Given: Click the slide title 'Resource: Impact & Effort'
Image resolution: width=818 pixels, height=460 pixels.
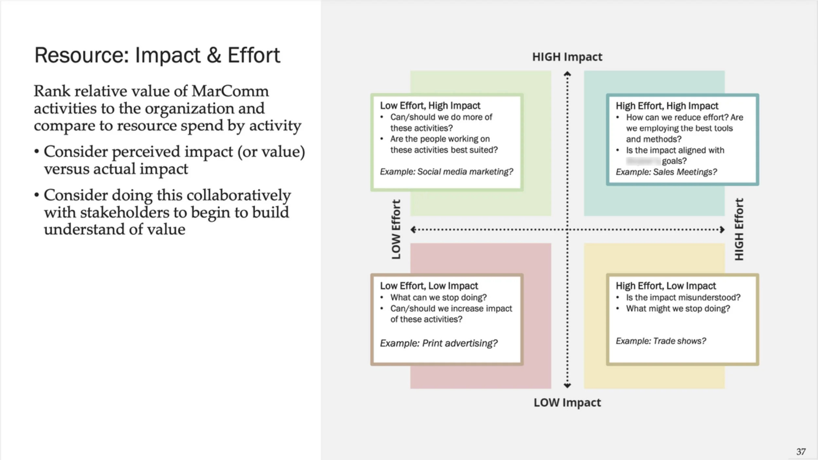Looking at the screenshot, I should [x=157, y=55].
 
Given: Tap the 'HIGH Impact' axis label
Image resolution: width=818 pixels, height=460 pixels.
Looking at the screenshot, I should [x=567, y=57].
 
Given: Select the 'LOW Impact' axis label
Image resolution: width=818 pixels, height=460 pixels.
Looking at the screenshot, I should [x=567, y=402].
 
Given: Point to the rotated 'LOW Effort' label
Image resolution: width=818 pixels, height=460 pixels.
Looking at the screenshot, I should [x=396, y=230].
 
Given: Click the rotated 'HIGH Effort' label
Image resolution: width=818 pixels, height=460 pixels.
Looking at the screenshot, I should [x=739, y=230].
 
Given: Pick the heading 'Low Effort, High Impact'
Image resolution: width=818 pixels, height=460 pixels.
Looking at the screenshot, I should [x=430, y=106].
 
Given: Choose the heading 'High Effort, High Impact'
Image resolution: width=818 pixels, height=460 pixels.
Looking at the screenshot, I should [x=667, y=106].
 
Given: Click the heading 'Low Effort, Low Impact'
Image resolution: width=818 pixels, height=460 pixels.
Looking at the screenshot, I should [x=429, y=286].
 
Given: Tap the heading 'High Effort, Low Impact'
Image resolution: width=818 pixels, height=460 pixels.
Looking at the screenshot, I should [x=666, y=286].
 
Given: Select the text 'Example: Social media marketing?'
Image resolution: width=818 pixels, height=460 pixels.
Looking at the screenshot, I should [x=446, y=172].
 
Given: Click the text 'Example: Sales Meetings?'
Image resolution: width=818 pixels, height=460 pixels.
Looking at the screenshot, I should [x=666, y=172].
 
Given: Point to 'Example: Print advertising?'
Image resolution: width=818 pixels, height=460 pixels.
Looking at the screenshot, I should [x=438, y=343].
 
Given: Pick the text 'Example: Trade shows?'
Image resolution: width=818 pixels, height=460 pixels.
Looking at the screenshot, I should [x=661, y=341].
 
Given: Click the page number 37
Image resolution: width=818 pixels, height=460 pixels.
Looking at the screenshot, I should [x=801, y=451].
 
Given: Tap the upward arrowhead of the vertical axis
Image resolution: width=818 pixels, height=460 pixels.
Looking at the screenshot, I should [x=567, y=74].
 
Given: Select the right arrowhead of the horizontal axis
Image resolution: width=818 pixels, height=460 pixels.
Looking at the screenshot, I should [x=722, y=230].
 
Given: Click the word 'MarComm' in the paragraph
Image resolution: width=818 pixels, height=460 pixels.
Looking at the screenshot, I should [x=230, y=91].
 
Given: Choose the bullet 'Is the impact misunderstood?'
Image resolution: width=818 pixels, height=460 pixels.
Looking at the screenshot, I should [x=683, y=298].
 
